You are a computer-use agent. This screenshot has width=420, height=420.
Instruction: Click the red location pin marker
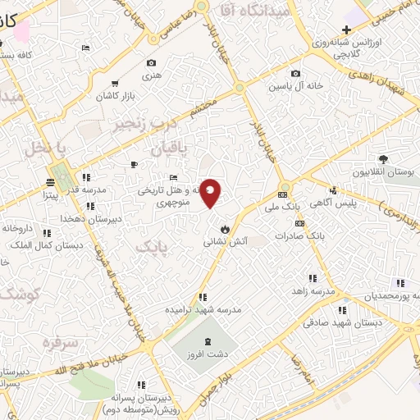coord(211,193)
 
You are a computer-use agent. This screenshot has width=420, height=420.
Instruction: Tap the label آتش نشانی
coord(223,243)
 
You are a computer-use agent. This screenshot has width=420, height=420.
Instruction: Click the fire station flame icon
coord(223,228)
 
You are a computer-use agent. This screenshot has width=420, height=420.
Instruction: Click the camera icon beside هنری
coord(151,63)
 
